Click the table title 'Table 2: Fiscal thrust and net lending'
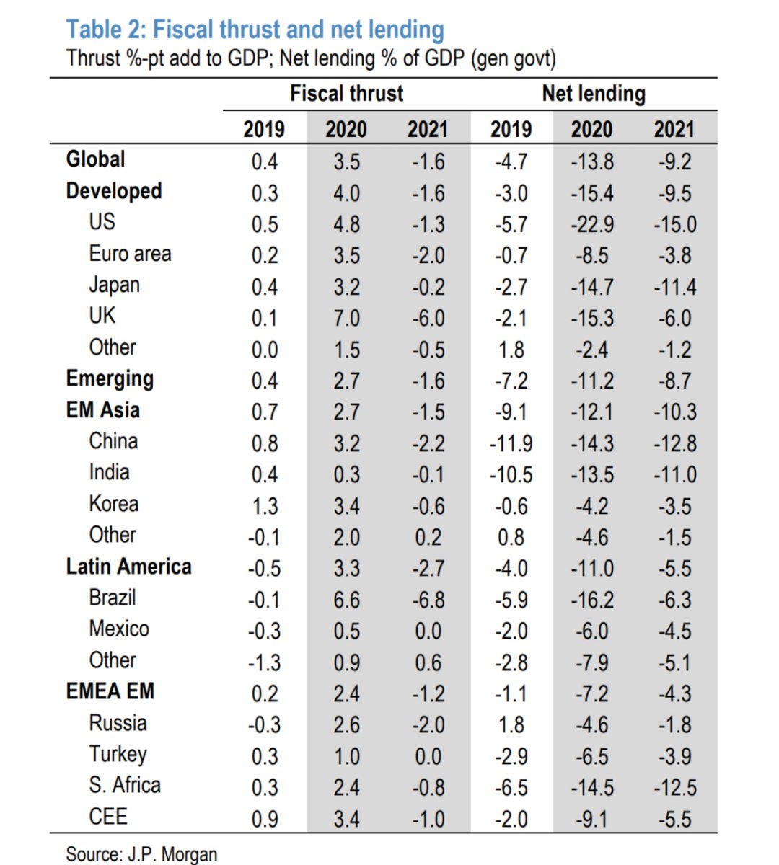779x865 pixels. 255,30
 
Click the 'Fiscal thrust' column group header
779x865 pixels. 346,93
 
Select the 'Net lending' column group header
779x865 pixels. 593,93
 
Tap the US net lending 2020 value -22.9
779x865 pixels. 592,224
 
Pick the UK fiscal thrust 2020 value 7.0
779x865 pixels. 346,318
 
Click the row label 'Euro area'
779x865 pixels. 130,254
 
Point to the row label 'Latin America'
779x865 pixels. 128,567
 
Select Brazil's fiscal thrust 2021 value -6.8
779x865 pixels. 428,600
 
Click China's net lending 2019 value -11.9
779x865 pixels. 511,443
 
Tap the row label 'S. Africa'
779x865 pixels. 125,785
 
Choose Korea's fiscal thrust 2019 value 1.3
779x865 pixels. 265,506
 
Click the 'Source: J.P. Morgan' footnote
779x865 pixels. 141,854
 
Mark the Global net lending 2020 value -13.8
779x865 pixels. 592,161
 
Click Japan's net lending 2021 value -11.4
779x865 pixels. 674,287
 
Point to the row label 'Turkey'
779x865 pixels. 118,754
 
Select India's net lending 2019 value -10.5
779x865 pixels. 511,474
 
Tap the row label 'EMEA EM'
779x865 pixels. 110,691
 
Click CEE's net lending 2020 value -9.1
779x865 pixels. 592,819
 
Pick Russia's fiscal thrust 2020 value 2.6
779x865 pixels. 346,724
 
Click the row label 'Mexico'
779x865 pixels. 119,629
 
